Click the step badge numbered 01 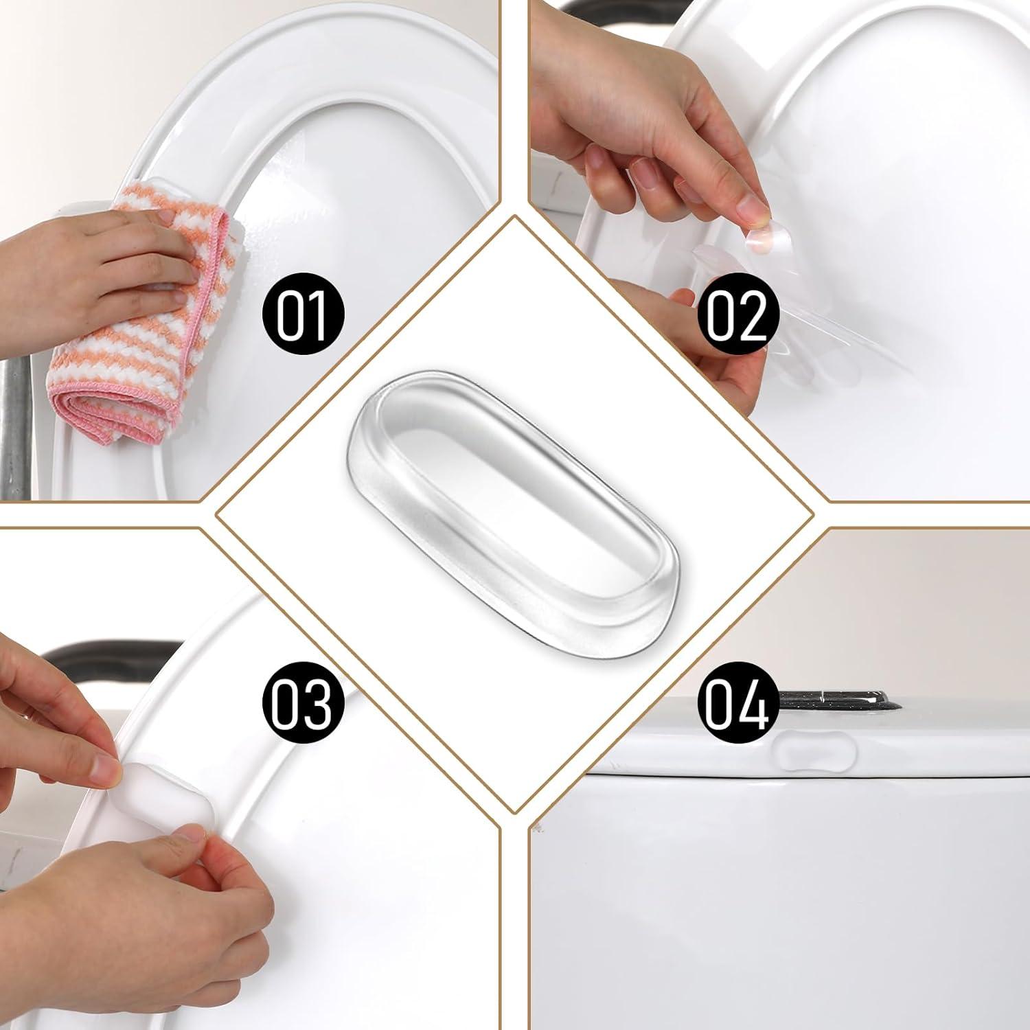click(x=302, y=314)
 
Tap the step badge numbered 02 click(x=737, y=314)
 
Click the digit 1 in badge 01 click(x=317, y=314)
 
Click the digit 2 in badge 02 click(x=753, y=314)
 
